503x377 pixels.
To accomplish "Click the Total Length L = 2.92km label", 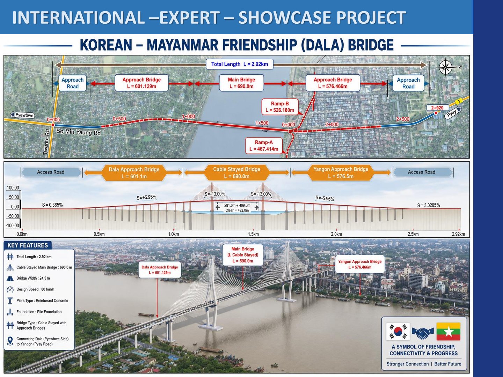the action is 240,64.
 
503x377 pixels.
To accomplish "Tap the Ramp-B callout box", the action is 280,107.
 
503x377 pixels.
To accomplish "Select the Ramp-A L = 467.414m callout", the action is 264,146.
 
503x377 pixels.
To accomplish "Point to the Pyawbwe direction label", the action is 22,115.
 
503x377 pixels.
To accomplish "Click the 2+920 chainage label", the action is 437,108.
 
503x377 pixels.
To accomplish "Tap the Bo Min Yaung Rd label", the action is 78,132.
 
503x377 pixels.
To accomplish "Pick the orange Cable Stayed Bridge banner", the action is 237,172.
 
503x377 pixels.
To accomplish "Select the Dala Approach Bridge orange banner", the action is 134,173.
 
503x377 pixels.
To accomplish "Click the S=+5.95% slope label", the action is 146,197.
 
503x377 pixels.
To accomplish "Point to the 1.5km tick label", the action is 253,234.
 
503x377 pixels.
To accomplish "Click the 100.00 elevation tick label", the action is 13,188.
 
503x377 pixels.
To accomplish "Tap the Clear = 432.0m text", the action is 237,210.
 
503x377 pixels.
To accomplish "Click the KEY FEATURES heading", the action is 28,245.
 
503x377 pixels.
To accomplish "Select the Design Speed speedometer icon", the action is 10,290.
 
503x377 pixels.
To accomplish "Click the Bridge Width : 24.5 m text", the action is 33,278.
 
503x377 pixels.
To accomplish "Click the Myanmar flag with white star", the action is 449,332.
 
